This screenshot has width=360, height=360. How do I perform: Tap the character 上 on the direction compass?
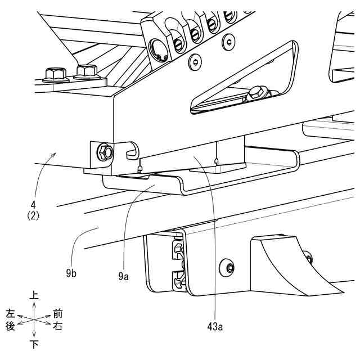tap(34, 294)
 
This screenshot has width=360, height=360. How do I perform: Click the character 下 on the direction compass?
tap(34, 344)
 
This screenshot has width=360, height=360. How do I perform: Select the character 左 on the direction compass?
tap(10, 313)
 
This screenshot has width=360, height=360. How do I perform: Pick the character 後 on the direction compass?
tap(10, 326)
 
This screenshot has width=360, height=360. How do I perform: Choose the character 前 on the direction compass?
tap(57, 313)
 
